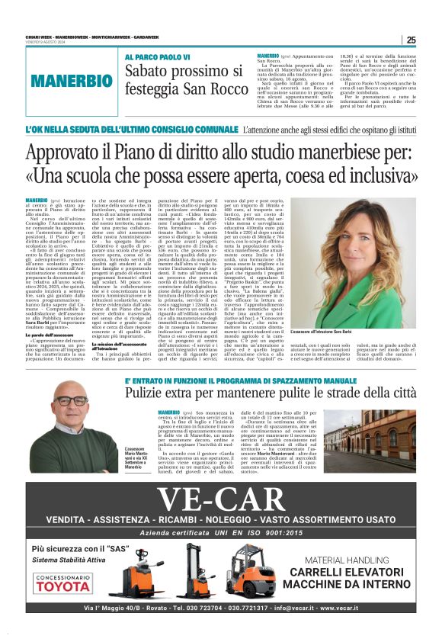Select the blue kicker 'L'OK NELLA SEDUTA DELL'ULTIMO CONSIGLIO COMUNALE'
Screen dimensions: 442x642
point(131,132)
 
